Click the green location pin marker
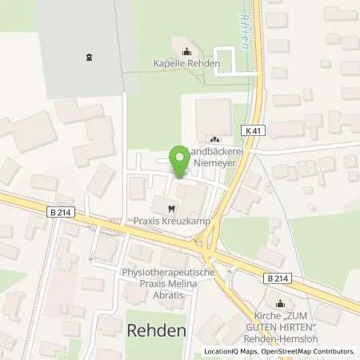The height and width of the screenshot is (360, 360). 179,160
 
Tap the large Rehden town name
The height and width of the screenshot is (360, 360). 157,330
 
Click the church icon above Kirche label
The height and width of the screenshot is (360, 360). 280,304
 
